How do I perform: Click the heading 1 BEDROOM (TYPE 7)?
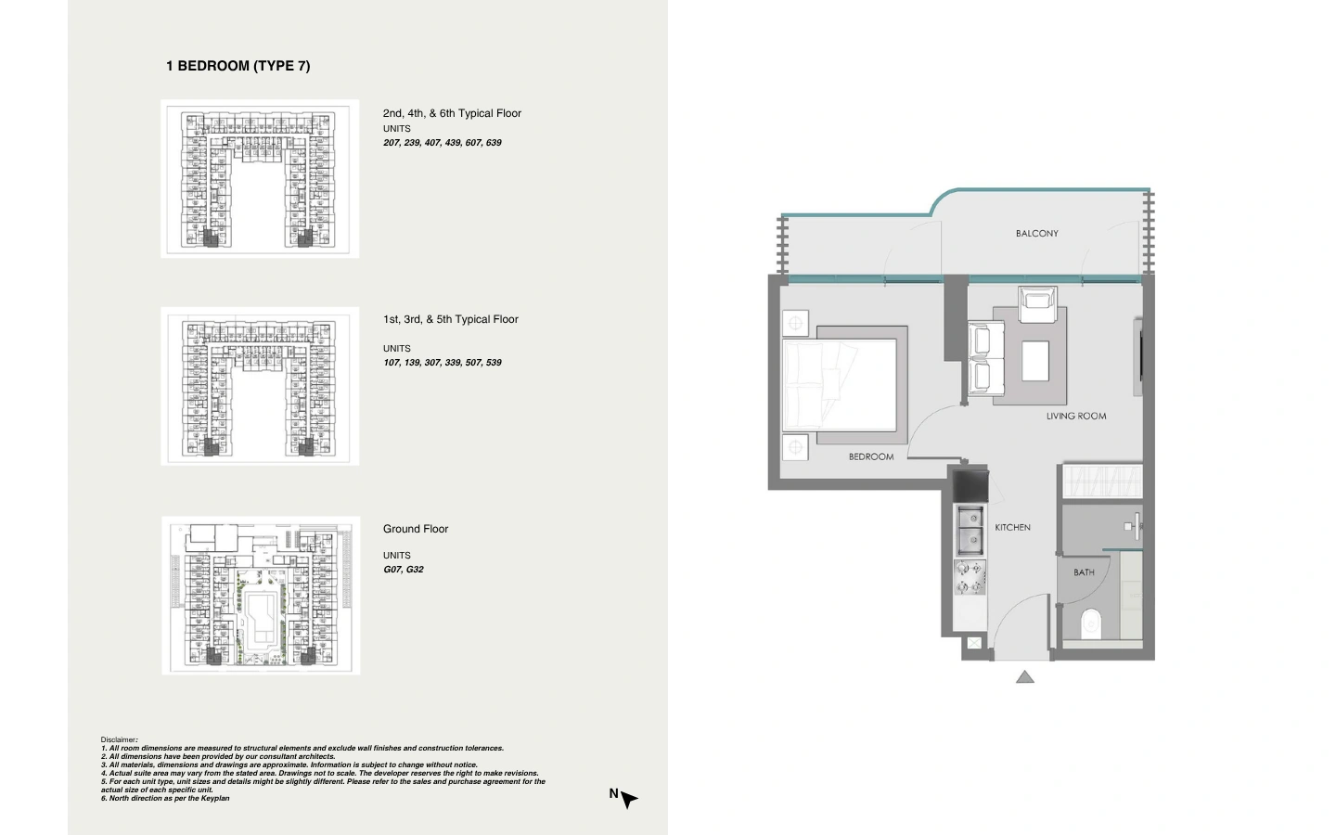pyautogui.click(x=238, y=66)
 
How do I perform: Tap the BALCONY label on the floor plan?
pyautogui.click(x=1036, y=233)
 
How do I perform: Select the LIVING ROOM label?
pyautogui.click(x=1076, y=417)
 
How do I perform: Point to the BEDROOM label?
pyautogui.click(x=871, y=456)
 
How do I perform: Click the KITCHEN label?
pyautogui.click(x=1012, y=527)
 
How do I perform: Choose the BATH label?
pyautogui.click(x=1084, y=572)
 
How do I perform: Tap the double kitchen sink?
pyautogui.click(x=970, y=531)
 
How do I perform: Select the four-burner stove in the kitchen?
pyautogui.click(x=970, y=577)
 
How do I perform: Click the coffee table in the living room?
pyautogui.click(x=1034, y=361)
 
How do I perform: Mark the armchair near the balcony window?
pyautogui.click(x=1038, y=304)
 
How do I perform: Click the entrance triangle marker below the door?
pyautogui.click(x=1024, y=677)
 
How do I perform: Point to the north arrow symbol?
pyautogui.click(x=629, y=799)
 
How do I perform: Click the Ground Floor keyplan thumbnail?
pyautogui.click(x=261, y=596)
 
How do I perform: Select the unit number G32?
pyautogui.click(x=414, y=570)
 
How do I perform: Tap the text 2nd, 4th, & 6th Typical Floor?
pyautogui.click(x=452, y=113)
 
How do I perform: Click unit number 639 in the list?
pyautogui.click(x=494, y=143)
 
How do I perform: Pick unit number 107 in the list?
pyautogui.click(x=392, y=363)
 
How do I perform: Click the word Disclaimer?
pyautogui.click(x=119, y=739)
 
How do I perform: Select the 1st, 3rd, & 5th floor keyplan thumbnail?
pyautogui.click(x=260, y=387)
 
